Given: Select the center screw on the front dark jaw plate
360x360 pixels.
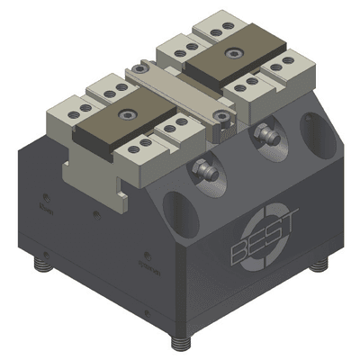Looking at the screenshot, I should point(128,117).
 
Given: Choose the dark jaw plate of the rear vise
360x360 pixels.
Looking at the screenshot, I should point(229,60).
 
